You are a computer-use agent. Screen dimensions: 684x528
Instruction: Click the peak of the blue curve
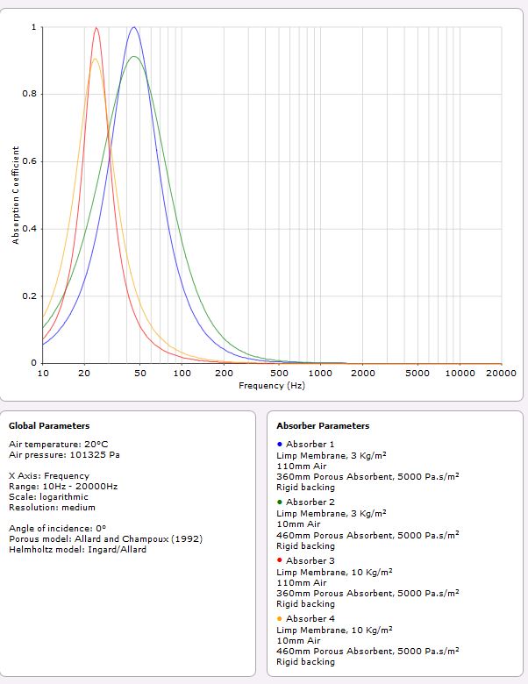pyautogui.click(x=133, y=27)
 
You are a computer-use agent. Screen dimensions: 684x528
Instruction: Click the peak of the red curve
pyautogui.click(x=96, y=27)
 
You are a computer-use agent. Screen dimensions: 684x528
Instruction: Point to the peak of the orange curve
pyautogui.click(x=96, y=59)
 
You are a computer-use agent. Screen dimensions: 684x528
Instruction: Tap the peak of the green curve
pyautogui.click(x=133, y=57)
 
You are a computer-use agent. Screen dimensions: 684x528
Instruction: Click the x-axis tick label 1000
pyautogui.click(x=320, y=374)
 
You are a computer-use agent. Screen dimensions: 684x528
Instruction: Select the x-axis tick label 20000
pyautogui.click(x=500, y=374)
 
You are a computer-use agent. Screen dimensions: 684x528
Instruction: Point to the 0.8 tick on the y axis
pyautogui.click(x=33, y=95)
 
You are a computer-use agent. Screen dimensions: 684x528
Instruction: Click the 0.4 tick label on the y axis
pyautogui.click(x=33, y=229)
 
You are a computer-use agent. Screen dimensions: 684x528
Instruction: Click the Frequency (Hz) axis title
pyautogui.click(x=272, y=386)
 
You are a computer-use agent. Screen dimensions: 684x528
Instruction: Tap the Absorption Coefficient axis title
pyautogui.click(x=16, y=195)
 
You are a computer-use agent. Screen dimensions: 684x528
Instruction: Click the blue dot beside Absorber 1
pyautogui.click(x=279, y=445)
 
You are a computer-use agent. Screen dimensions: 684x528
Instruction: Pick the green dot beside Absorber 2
pyautogui.click(x=279, y=502)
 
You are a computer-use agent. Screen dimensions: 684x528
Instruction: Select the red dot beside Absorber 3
pyautogui.click(x=279, y=560)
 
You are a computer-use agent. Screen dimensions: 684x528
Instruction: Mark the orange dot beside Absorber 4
pyautogui.click(x=279, y=618)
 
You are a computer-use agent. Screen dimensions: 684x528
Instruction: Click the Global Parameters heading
pyautogui.click(x=49, y=426)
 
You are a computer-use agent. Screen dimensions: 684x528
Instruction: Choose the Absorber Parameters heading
pyautogui.click(x=323, y=426)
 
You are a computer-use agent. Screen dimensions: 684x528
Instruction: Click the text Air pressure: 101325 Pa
pyautogui.click(x=64, y=455)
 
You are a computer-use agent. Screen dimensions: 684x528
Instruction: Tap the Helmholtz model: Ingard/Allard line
pyautogui.click(x=77, y=550)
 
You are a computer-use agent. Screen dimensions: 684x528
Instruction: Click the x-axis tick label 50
pyautogui.click(x=140, y=374)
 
